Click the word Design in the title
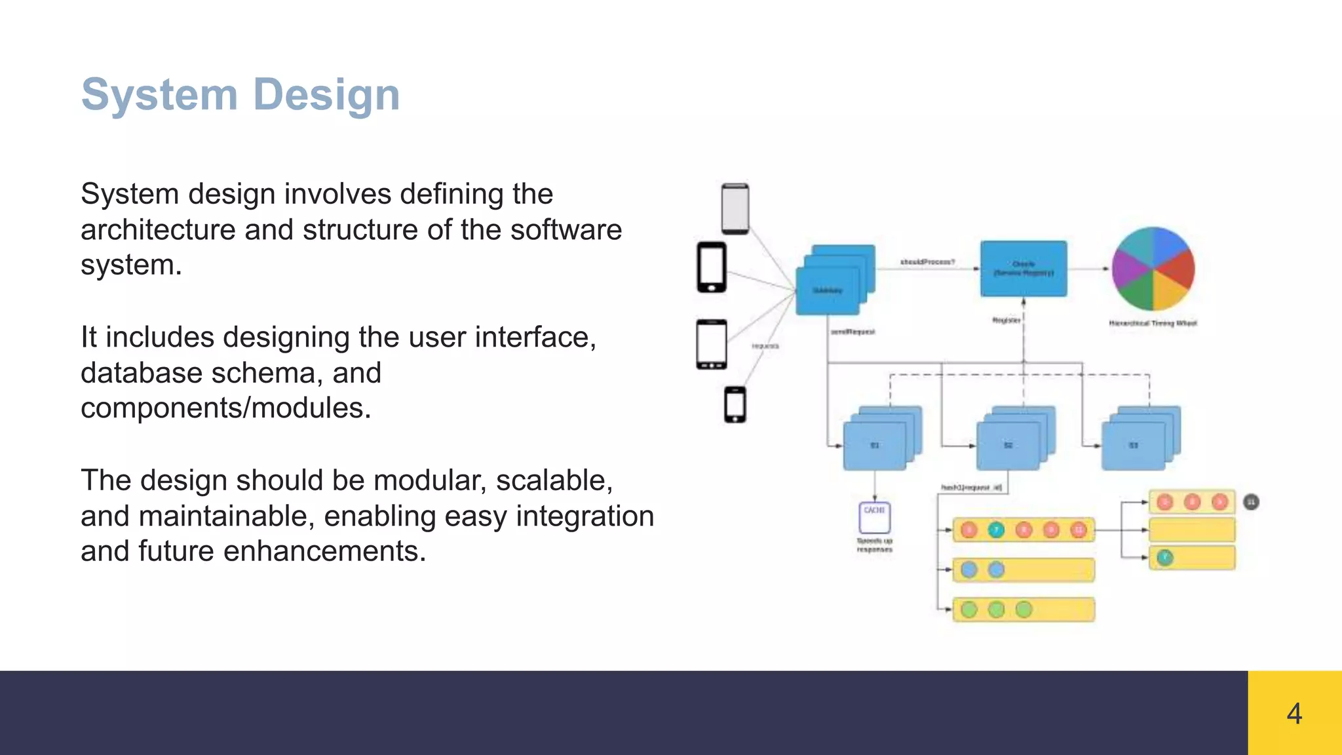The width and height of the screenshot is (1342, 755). tap(326, 94)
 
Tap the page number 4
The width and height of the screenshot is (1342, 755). tap(1294, 713)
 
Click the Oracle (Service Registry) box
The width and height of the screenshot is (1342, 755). tap(1023, 269)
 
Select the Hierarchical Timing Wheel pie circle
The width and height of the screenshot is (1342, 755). tap(1153, 269)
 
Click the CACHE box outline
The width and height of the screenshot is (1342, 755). tap(874, 518)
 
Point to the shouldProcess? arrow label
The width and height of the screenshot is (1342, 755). tap(927, 261)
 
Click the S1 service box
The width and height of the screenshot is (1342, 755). tap(874, 446)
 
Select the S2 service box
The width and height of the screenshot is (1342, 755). tap(1008, 446)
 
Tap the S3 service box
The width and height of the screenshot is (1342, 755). tap(1133, 446)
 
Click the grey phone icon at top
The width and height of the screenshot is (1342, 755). tap(735, 208)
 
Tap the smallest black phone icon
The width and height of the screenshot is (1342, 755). tap(735, 404)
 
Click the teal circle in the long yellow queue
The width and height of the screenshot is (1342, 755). tap(996, 530)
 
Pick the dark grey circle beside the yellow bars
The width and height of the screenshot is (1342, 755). tap(1251, 502)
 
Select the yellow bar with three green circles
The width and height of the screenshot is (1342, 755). tap(1023, 610)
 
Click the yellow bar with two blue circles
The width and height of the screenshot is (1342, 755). tap(1023, 570)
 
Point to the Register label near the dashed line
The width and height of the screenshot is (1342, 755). tap(1006, 320)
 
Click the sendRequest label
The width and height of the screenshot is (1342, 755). tap(853, 332)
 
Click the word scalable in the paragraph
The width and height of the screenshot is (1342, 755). tap(554, 480)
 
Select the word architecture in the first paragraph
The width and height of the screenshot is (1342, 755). tap(157, 230)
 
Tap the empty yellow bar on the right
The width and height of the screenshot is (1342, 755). tap(1192, 530)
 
